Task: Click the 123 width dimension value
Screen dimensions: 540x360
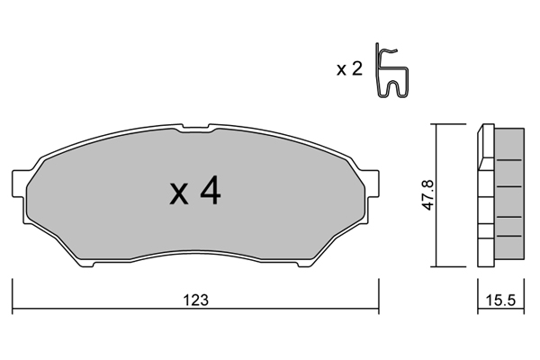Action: pyautogui.click(x=195, y=301)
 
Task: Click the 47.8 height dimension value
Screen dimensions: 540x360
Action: pyautogui.click(x=428, y=195)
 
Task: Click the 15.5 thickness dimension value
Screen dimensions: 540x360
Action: pyautogui.click(x=500, y=301)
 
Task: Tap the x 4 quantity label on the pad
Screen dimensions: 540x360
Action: pyautogui.click(x=195, y=191)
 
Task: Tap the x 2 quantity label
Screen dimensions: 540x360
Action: pyautogui.click(x=349, y=69)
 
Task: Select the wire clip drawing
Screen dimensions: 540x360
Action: pyautogui.click(x=391, y=70)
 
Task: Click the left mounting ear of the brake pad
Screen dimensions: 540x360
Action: pyautogui.click(x=19, y=184)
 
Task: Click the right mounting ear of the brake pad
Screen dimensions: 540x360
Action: pyautogui.click(x=372, y=184)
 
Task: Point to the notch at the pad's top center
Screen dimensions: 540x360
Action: pyautogui.click(x=195, y=128)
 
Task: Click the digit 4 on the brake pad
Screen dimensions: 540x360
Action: pyautogui.click(x=211, y=191)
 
